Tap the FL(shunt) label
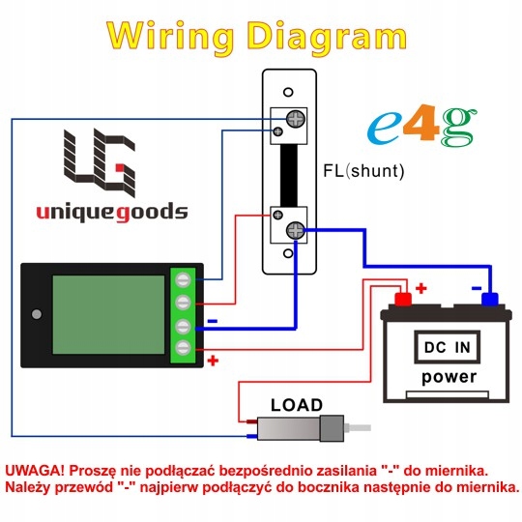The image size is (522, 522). [363, 171]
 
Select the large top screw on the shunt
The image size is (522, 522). [296, 119]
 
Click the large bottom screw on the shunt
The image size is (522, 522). [295, 230]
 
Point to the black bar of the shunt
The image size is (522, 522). [289, 175]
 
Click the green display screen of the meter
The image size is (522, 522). [108, 314]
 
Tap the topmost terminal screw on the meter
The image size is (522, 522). [183, 279]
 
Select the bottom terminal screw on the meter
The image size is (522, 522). [183, 348]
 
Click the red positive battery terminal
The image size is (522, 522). [403, 299]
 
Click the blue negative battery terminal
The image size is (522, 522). [490, 299]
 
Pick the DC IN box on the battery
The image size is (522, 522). [448, 347]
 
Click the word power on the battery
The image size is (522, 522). [449, 377]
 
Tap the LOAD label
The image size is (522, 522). [297, 405]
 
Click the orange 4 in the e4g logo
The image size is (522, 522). [421, 123]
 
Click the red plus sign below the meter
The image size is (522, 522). [213, 361]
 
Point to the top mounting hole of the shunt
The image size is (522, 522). [288, 92]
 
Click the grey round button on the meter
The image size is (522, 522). [37, 314]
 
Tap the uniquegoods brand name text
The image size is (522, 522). [112, 212]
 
